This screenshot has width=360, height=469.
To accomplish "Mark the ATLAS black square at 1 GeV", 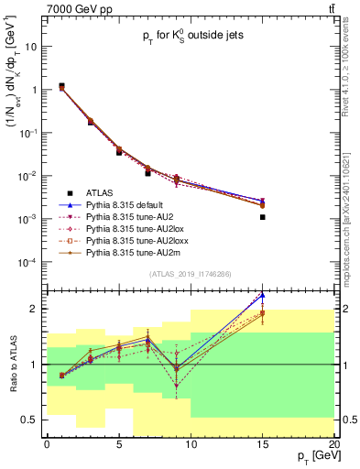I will point(61,86).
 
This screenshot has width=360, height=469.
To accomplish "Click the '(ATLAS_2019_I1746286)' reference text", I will point(191,274).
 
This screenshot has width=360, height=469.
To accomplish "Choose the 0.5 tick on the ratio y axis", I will point(34,420).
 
